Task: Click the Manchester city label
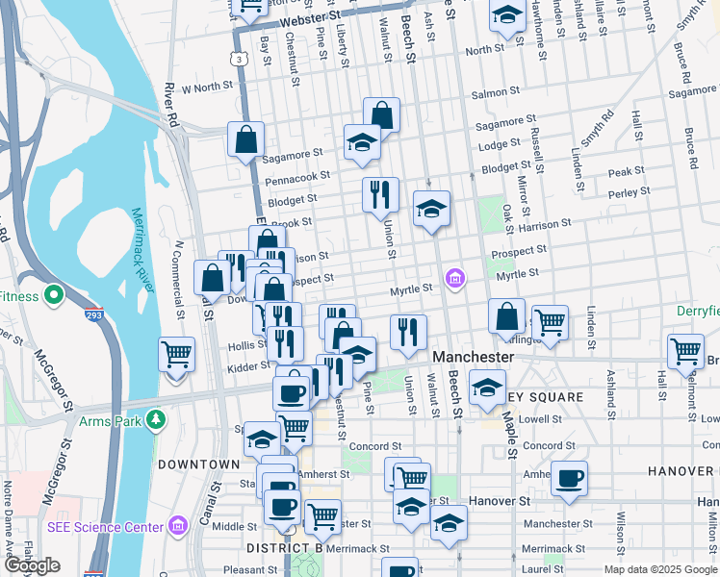tap(472, 356)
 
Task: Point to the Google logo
tap(32, 565)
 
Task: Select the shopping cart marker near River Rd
tap(176, 355)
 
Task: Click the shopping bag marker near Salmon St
tap(381, 113)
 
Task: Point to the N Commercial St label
tap(177, 279)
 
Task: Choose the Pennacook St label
tap(297, 178)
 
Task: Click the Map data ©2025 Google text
tap(660, 569)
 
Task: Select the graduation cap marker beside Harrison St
tap(431, 208)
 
